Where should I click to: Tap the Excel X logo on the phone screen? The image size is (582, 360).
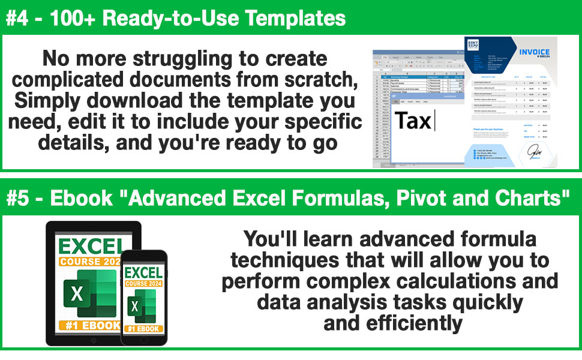pos(136,306)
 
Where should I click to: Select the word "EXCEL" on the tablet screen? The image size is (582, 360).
pos(90,246)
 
